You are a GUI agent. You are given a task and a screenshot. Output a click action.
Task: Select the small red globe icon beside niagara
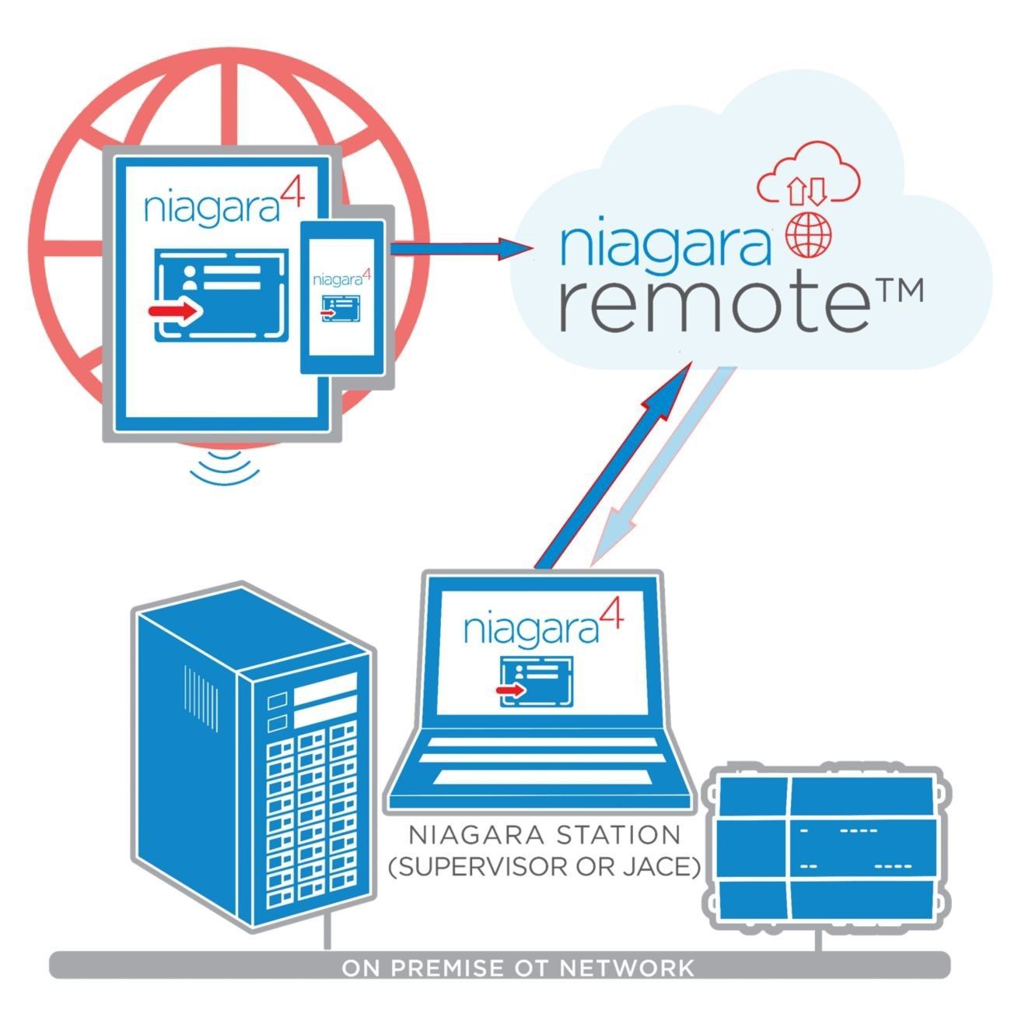click(x=809, y=235)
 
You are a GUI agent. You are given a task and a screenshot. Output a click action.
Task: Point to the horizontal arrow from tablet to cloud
click(x=461, y=246)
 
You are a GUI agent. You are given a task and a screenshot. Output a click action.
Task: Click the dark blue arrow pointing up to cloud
click(x=614, y=466)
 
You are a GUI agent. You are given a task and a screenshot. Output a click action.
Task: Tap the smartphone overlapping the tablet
click(x=342, y=296)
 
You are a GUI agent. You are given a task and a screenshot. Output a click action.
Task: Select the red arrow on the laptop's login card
click(x=510, y=690)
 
